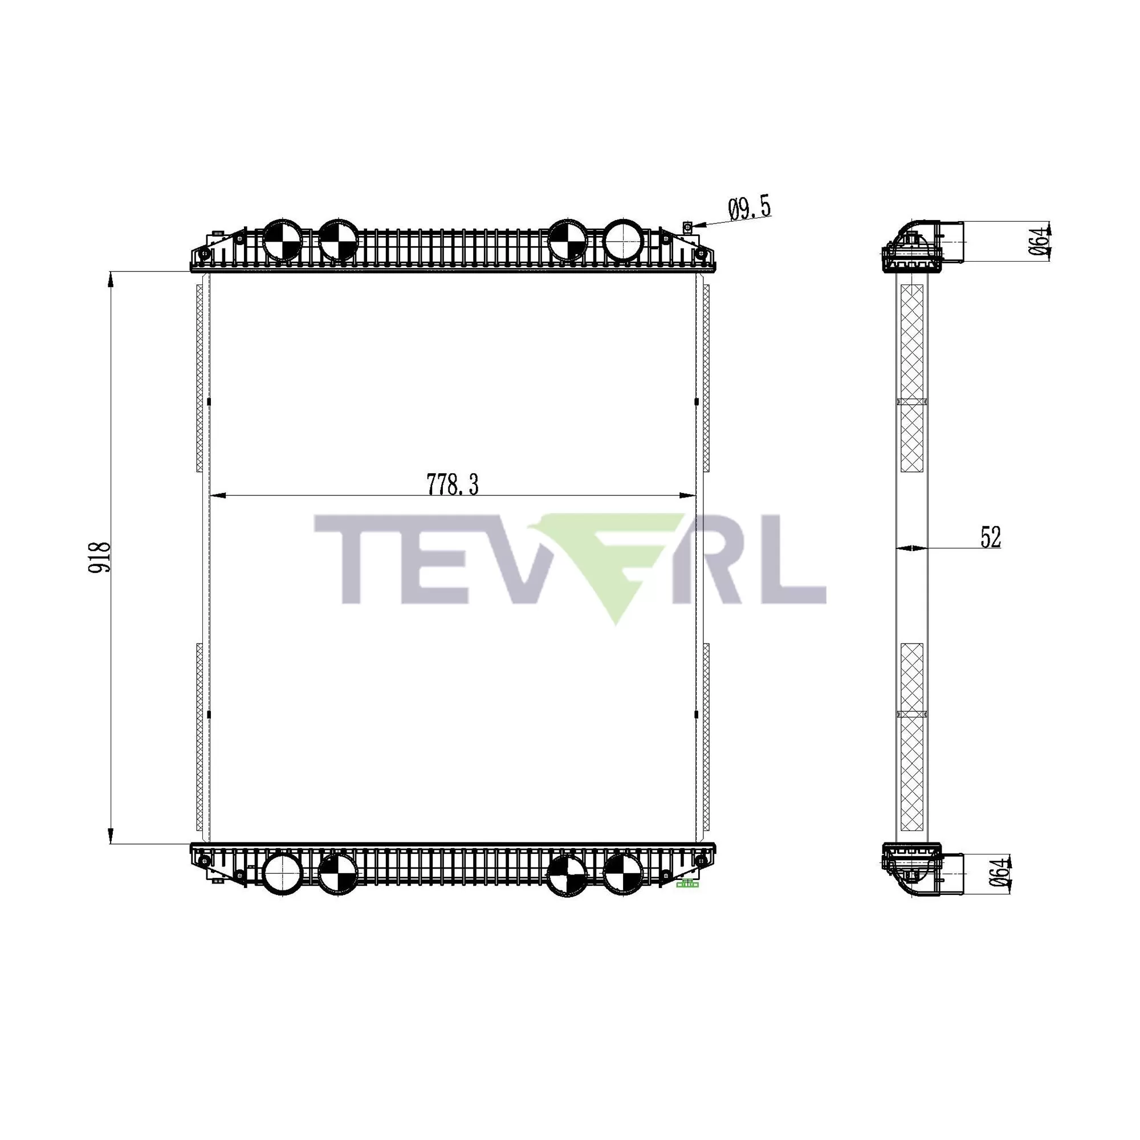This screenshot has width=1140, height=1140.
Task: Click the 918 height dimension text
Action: coord(100,557)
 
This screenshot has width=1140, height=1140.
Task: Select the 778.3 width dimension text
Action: coord(453,484)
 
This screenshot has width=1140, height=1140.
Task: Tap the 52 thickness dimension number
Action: coord(991,537)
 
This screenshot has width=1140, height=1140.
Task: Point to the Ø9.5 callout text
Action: coord(750,209)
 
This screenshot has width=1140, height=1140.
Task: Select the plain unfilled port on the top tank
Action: coord(623,239)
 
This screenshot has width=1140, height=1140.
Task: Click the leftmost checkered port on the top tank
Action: coord(282,239)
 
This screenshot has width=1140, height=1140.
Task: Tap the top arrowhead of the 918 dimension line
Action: coord(111,280)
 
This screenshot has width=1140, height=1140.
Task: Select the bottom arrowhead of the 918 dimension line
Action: coord(111,836)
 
